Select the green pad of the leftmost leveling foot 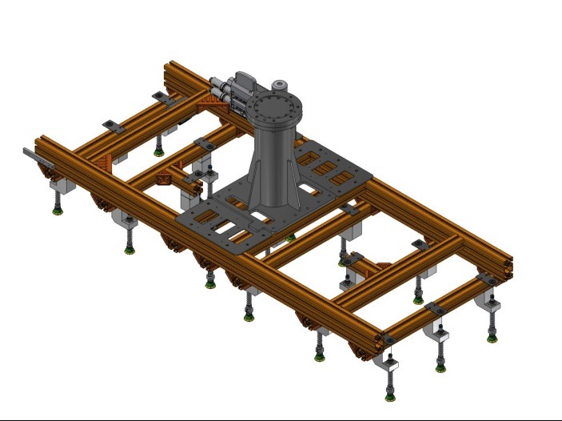pos(58,212)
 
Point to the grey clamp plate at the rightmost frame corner pos(487,279)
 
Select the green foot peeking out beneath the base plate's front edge pos(291,237)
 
